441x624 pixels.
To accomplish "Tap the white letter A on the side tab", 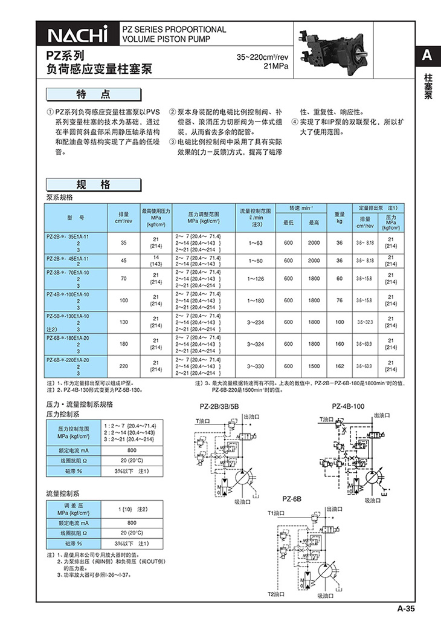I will tap(427, 56).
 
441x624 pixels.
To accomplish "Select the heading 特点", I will tap(93, 95).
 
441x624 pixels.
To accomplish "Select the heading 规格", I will tap(93, 184).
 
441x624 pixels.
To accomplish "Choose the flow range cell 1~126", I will tap(257, 279).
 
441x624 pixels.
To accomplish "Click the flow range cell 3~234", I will tap(257, 322).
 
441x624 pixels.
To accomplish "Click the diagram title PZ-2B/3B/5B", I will tap(222, 405).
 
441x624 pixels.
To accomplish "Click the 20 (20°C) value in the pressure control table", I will tap(132, 461).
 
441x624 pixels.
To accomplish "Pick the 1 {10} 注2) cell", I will tap(133, 512).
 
